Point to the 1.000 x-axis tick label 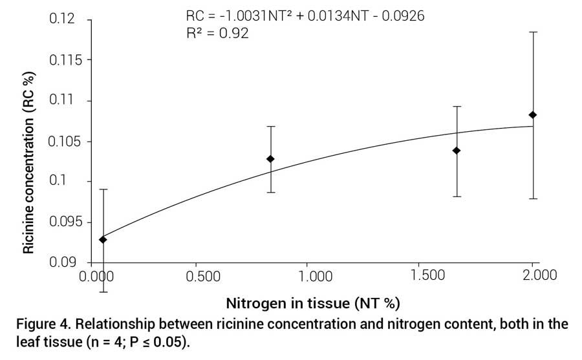click(x=316, y=275)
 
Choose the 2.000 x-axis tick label click(x=539, y=275)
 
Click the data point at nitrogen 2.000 click(x=533, y=115)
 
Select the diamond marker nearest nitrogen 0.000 click(x=103, y=240)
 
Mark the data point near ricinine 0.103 click(x=270, y=159)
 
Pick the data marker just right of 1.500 click(x=457, y=151)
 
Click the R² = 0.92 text click(x=216, y=33)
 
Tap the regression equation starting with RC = click(x=305, y=16)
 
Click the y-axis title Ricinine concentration click(x=29, y=164)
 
